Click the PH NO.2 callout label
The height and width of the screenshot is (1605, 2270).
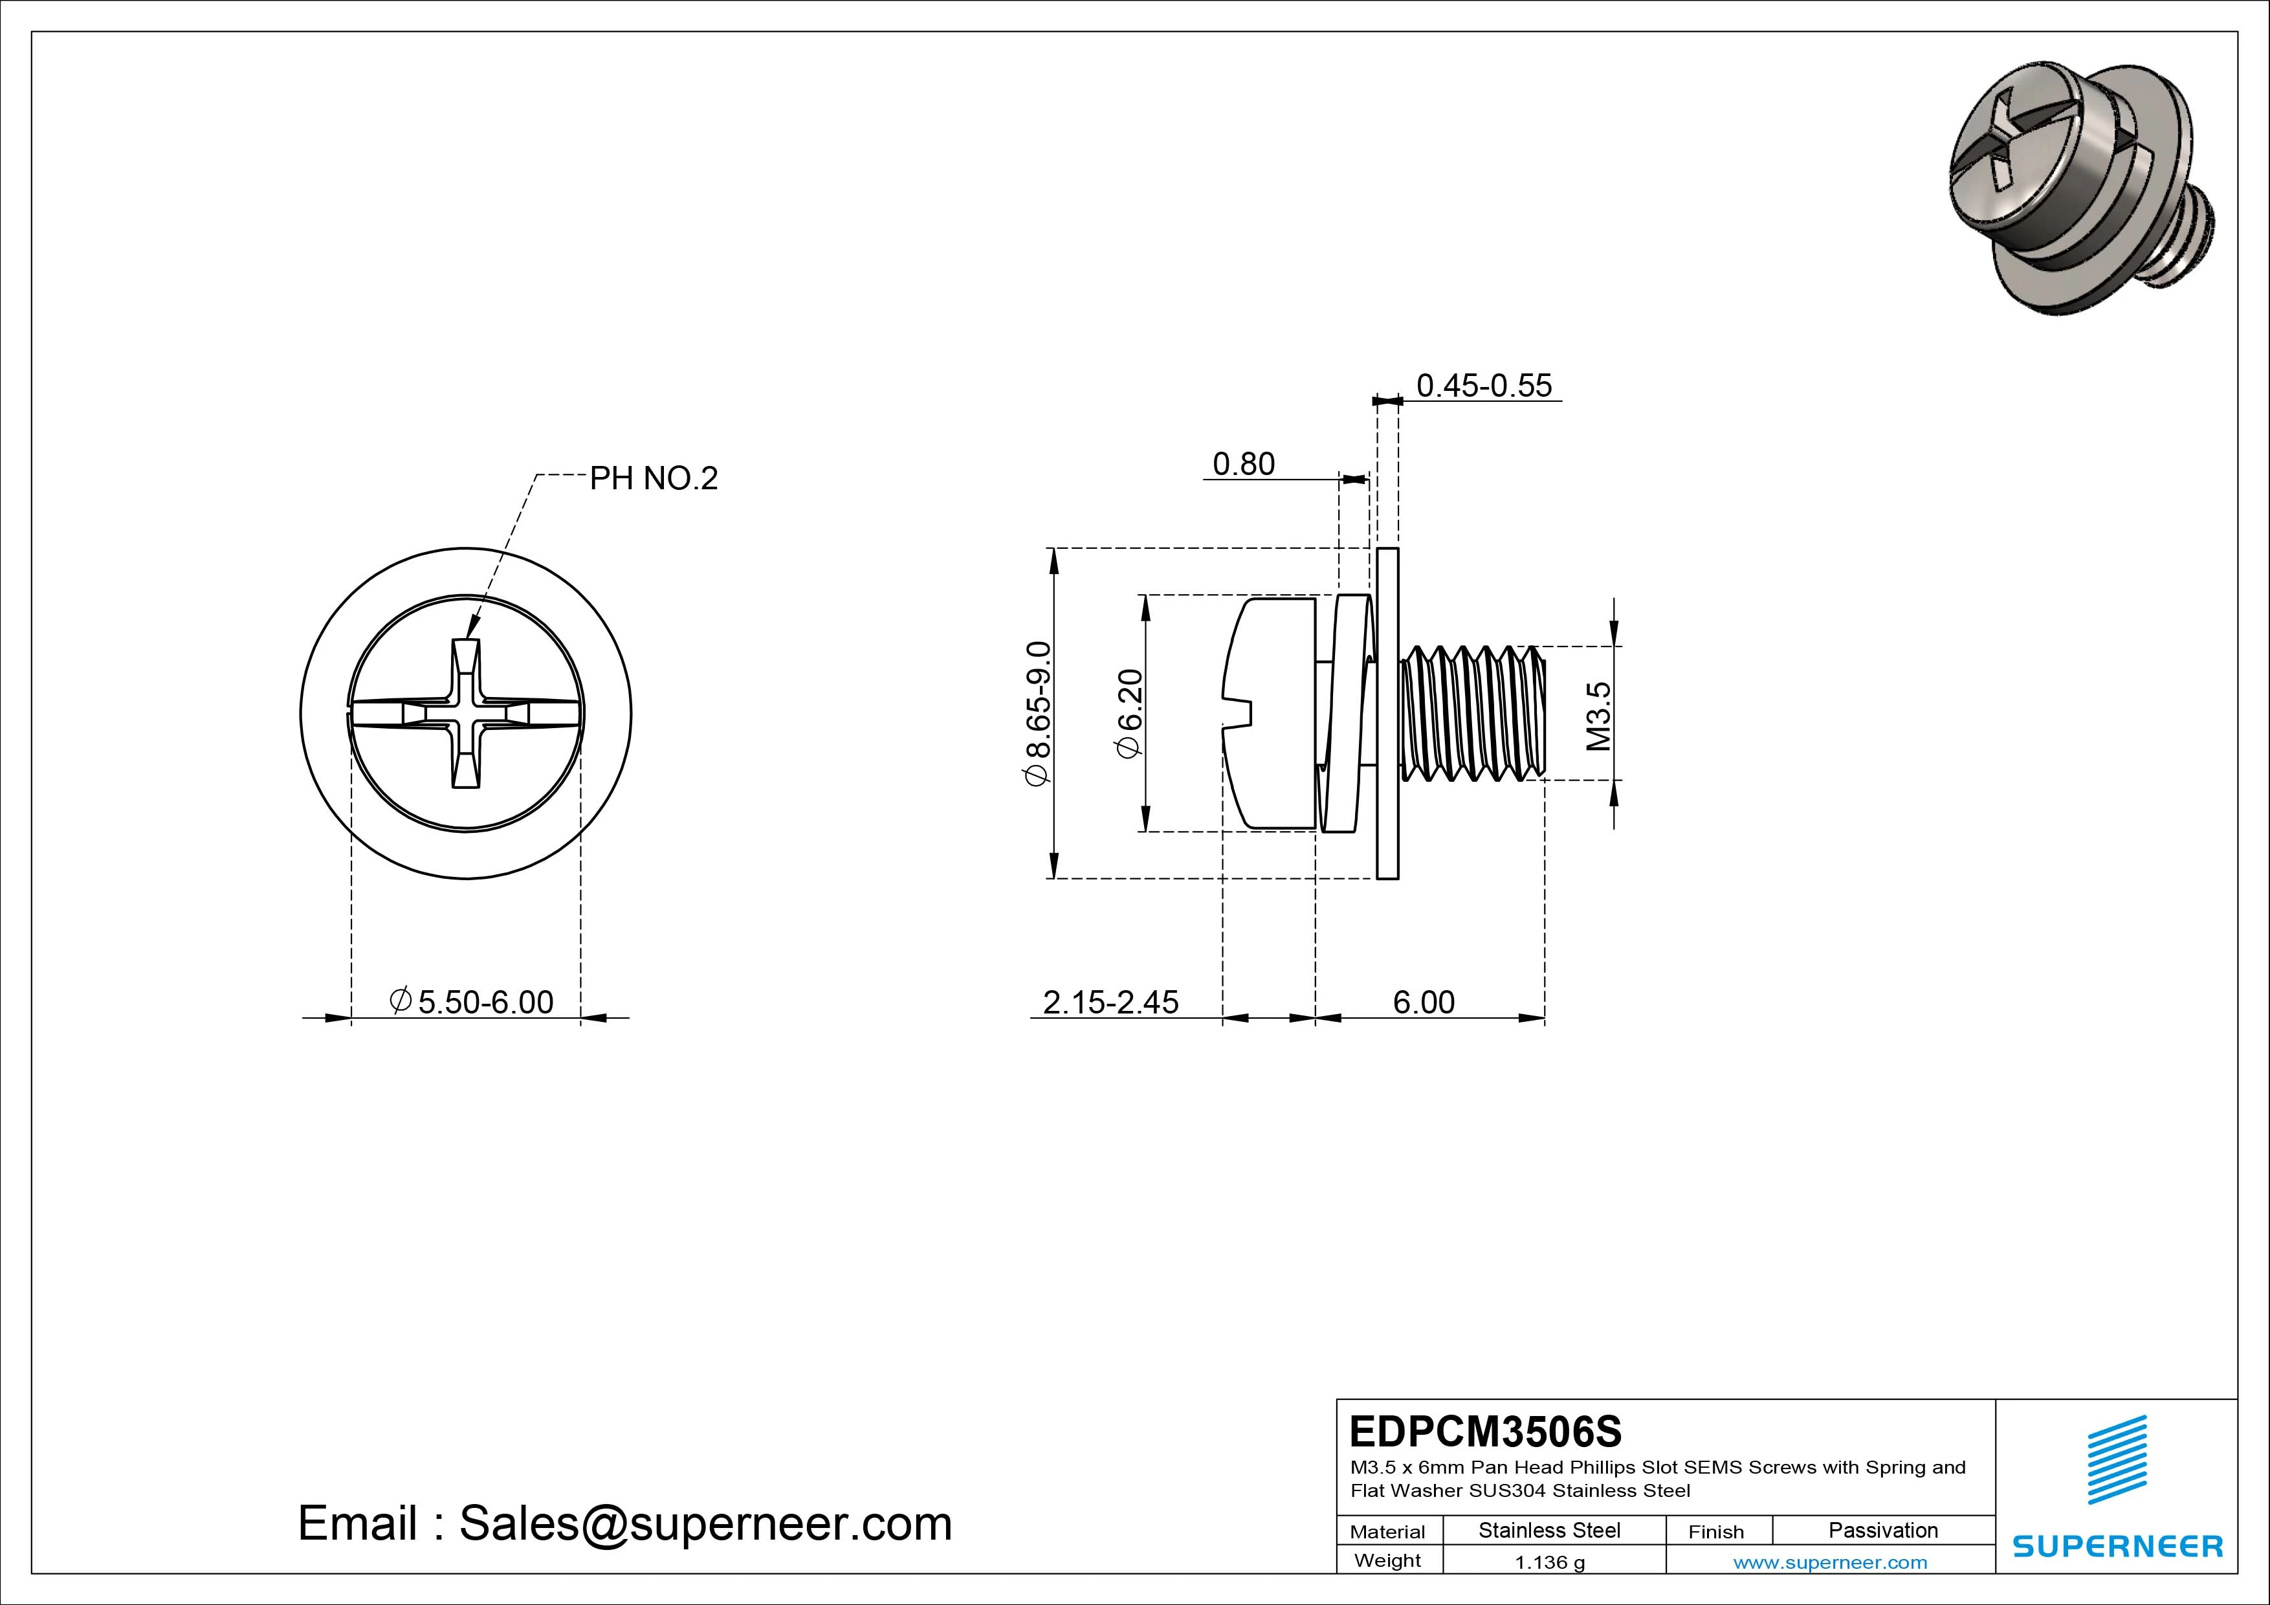pos(654,479)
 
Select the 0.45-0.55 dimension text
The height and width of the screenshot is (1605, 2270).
pos(1484,386)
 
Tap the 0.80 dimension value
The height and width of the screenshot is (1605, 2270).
pos(1243,464)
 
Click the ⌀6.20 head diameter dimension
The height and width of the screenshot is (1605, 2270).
pos(1129,714)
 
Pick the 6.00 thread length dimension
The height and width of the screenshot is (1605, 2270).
pos(1424,1002)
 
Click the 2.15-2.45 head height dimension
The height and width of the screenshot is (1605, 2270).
pos(1110,1002)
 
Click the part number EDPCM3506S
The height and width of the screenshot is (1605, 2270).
pos(1485,1431)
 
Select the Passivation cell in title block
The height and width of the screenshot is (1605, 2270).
pos(1882,1530)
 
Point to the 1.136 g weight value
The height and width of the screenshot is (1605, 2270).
pos(1549,1562)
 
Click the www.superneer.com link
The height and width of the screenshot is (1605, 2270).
pos(1830,1562)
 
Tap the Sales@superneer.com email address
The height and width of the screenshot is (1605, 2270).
pos(705,1524)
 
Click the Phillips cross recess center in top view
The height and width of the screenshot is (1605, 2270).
pos(466,713)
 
